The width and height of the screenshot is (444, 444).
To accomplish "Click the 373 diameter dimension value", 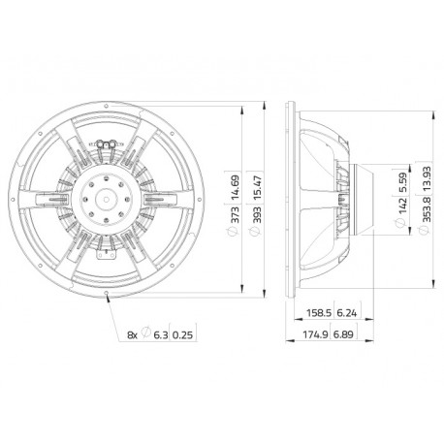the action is click(x=236, y=214).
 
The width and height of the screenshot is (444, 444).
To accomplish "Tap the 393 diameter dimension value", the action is click(x=257, y=214).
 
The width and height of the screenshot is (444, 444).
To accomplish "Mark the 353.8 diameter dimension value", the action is click(x=427, y=209).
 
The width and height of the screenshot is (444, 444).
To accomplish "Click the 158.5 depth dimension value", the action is click(x=318, y=313).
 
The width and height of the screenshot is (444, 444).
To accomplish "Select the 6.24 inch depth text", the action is click(x=347, y=313).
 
